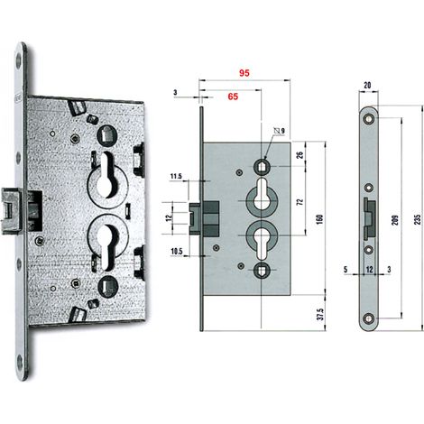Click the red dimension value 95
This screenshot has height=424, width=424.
(x=244, y=73)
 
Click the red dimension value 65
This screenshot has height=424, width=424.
(x=233, y=97)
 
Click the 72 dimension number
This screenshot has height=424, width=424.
(x=300, y=202)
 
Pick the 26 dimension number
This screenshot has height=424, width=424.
(x=300, y=155)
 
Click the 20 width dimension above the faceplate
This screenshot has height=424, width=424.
(x=367, y=86)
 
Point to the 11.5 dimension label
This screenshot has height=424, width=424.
(x=176, y=176)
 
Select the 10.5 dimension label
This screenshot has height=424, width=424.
(x=177, y=252)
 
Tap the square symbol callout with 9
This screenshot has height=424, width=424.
(x=280, y=131)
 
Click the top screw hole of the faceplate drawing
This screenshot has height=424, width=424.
(x=368, y=118)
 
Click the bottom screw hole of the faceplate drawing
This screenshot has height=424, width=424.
(x=368, y=318)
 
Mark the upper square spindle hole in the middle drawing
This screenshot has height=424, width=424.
(x=261, y=166)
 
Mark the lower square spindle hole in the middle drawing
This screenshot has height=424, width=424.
(x=261, y=270)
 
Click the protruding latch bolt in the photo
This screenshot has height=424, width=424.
(x=12, y=211)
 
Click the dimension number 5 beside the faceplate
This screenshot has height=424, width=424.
(x=346, y=270)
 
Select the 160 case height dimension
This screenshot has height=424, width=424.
(x=319, y=219)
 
